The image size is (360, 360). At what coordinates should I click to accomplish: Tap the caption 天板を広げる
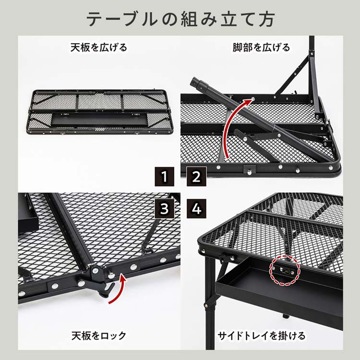coord(99,48)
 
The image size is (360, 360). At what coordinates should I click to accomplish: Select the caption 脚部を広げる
coord(262,48)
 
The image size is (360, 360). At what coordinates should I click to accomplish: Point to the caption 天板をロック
coord(99,334)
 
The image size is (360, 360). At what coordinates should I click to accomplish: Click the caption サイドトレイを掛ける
coord(262,334)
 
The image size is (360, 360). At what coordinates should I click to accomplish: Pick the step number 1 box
coord(165,177)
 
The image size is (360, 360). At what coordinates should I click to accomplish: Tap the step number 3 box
coord(165,208)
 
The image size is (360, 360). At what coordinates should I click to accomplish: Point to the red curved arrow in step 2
coord(233,125)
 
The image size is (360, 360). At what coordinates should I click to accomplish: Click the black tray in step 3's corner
coord(28,211)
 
